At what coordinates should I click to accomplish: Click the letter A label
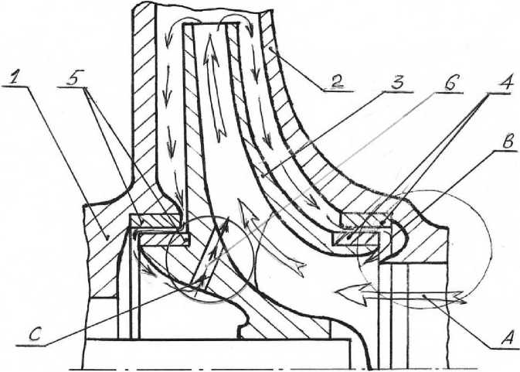[506, 336]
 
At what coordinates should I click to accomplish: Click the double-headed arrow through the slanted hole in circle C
[210, 255]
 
